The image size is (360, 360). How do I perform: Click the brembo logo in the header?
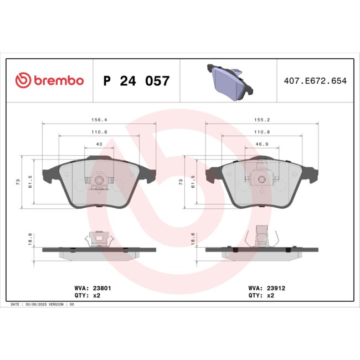coord(49,81)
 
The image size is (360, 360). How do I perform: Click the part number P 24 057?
coord(137,81)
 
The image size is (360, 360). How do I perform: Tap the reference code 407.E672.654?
coord(314,81)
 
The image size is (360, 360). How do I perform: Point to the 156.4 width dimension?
coord(99,119)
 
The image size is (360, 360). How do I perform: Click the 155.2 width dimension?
coord(261,119)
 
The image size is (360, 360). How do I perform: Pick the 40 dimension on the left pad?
coord(99,144)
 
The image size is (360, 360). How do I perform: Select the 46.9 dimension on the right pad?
coord(261,144)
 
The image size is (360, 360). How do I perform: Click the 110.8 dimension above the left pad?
coord(99,131)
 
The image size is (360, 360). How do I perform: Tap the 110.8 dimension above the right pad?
coord(261,131)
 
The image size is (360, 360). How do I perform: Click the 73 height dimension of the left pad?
coord(18,182)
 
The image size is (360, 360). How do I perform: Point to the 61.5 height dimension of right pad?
coord(193,182)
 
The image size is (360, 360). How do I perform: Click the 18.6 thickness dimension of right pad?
coord(193,239)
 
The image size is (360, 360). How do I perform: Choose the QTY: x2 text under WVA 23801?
coord(87,296)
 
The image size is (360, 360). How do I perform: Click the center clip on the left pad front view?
coord(99,180)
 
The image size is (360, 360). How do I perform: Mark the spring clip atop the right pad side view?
coord(261,235)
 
